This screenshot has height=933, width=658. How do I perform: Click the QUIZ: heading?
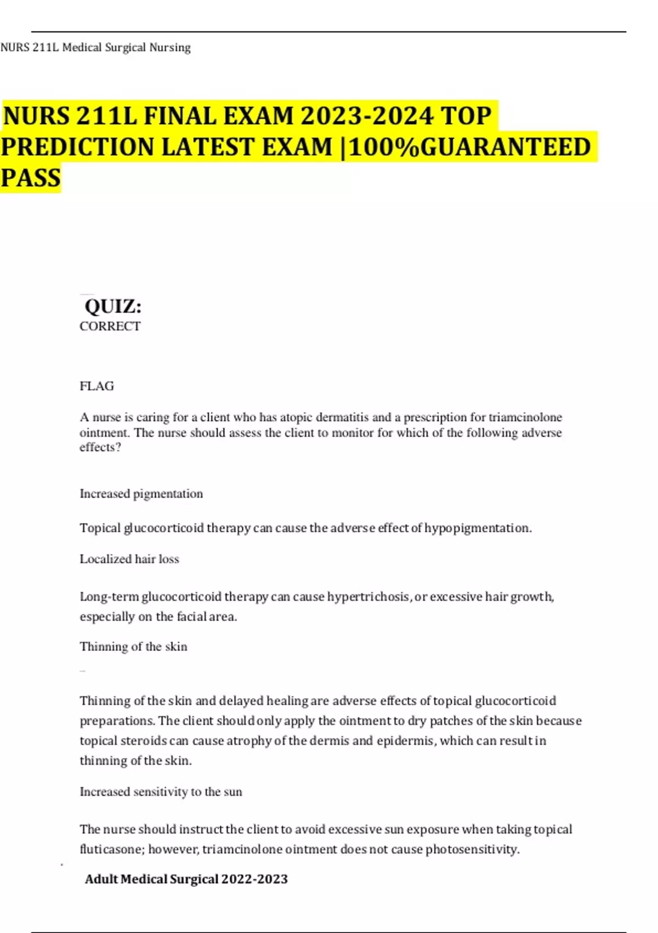coord(113,306)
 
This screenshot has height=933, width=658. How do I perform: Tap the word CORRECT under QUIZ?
coord(110,327)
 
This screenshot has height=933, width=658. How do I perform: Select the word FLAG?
coord(97,386)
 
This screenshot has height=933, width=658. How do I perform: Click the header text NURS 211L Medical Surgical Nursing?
coord(95,48)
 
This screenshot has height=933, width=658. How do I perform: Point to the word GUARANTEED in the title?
coord(504,147)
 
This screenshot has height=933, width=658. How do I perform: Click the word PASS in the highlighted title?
coord(31,178)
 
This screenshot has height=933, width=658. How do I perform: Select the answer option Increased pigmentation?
coord(141,494)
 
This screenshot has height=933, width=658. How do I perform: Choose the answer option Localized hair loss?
coord(129,559)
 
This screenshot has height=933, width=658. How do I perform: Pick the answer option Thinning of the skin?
coord(133,647)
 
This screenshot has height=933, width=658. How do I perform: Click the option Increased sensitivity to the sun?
coord(161,792)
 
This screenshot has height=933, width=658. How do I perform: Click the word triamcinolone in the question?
coord(525,418)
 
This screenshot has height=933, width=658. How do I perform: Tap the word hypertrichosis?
coord(368,597)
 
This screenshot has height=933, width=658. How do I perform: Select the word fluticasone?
coord(111,850)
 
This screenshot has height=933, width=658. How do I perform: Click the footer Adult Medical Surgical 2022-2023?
coord(186,879)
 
